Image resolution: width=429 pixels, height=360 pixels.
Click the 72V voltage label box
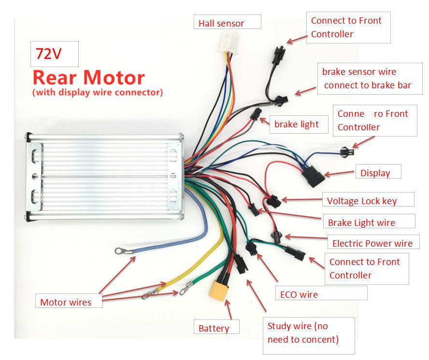pyautogui.click(x=55, y=54)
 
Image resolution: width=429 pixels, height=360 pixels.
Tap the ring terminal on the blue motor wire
pyautogui.click(x=118, y=251)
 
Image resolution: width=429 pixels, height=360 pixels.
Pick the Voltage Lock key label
pyautogui.click(x=369, y=200)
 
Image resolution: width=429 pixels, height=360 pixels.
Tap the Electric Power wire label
pyautogui.click(x=373, y=243)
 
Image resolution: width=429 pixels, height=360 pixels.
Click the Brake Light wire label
pyautogui.click(x=369, y=222)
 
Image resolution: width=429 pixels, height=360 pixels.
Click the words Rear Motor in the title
pyautogui.click(x=88, y=78)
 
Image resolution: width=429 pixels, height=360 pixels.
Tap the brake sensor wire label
pyautogui.click(x=366, y=78)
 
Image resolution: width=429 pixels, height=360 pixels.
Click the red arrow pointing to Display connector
pyautogui.click(x=341, y=173)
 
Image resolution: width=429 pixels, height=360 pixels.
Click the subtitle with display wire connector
pyautogui.click(x=97, y=92)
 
